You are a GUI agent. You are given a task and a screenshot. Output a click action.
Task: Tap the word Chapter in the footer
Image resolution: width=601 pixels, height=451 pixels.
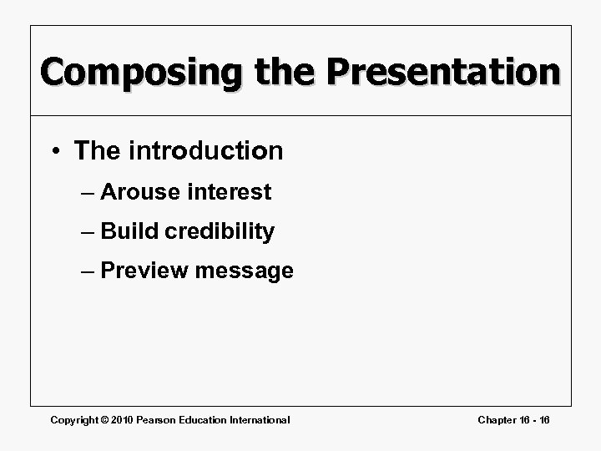coord(497,419)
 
